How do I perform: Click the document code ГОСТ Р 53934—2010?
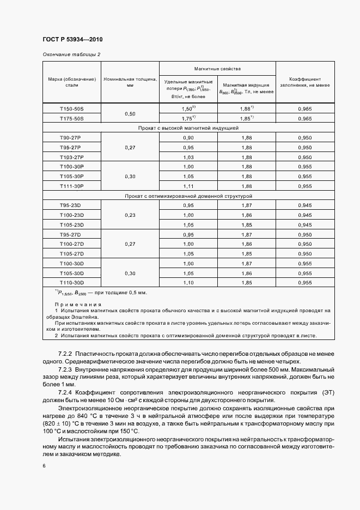coord(72,40)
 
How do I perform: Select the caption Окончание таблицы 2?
coord(71,54)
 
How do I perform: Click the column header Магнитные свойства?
coord(217,69)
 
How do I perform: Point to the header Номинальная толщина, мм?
coord(130,82)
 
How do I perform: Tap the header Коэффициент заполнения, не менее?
coord(304,82)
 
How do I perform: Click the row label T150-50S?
coord(72,109)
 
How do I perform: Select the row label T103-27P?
coord(72,157)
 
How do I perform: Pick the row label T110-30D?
coord(72,283)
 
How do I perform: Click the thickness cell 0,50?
coord(130,113)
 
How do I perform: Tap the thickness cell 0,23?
coord(130,215)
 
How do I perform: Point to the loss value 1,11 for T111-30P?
coord(188,186)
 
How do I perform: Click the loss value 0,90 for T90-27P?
coord(188,138)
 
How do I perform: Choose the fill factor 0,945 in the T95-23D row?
coord(304,205)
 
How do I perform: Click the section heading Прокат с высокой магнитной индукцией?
coord(187,128)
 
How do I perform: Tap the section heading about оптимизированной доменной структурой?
coord(187,196)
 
